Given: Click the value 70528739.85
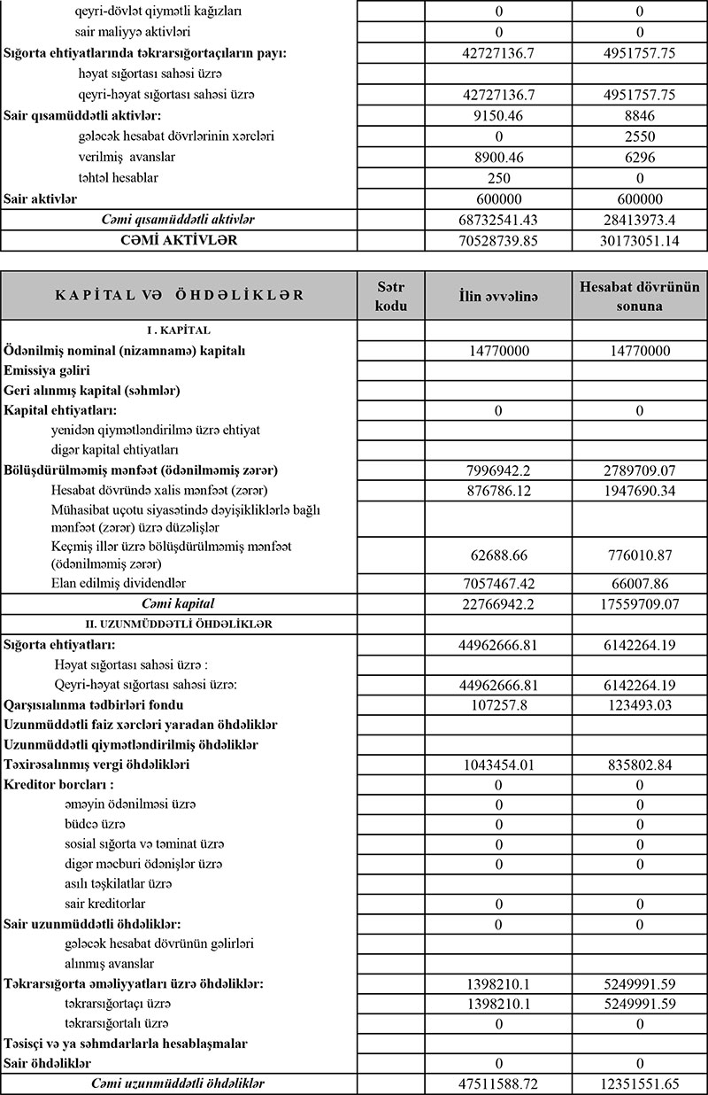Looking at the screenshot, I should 498,240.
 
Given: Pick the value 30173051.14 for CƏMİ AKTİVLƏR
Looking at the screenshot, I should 638,240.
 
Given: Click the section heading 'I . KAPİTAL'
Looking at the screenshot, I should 178,330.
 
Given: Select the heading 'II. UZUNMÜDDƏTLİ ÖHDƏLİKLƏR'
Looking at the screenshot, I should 178,624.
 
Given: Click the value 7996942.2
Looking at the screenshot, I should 498,470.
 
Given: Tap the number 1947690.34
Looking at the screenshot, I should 638,490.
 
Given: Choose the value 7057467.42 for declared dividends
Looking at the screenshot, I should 498,584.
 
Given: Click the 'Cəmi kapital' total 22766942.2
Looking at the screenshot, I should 498,604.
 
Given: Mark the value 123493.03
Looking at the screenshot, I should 638,705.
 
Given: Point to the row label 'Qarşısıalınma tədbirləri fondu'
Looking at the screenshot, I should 94,705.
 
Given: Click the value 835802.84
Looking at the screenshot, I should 638,764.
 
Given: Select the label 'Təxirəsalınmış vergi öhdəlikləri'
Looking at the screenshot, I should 97,764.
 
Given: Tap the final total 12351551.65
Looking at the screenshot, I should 638,1083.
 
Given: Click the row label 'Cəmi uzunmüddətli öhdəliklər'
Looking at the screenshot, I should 178,1083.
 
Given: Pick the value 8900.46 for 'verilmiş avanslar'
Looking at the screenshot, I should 498,157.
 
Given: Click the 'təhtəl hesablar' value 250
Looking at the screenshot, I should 498,178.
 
